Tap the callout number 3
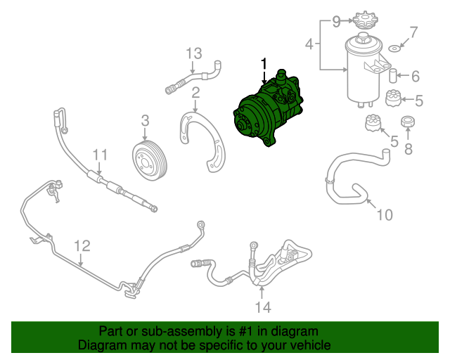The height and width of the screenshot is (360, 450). [144, 120]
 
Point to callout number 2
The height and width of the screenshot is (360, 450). [195, 91]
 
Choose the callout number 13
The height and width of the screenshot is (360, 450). [193, 53]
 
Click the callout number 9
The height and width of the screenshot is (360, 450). [337, 21]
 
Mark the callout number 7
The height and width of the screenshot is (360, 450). [413, 32]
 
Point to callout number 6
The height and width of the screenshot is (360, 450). [415, 76]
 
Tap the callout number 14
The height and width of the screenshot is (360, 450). [262, 307]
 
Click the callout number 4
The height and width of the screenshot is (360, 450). [309, 46]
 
